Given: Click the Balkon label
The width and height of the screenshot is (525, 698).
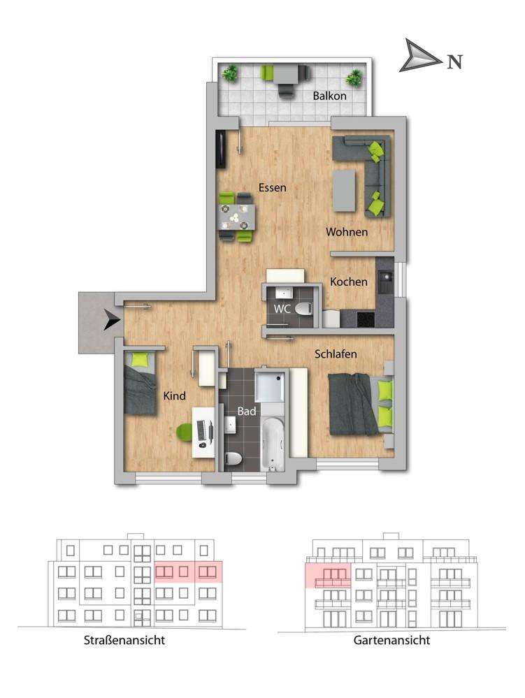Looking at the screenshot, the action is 329,96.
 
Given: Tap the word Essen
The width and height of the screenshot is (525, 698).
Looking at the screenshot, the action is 273,187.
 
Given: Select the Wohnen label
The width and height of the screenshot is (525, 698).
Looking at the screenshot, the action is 347,232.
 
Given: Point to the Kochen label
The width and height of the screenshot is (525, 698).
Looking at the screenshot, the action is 349,282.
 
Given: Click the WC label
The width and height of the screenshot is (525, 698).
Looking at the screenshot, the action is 282,309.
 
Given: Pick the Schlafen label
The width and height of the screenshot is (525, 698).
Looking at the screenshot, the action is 336,354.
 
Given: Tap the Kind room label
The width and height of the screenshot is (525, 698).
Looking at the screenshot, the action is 175,395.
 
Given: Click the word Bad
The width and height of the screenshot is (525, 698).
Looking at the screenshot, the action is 247,411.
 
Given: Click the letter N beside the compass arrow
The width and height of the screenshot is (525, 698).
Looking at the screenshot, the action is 454,61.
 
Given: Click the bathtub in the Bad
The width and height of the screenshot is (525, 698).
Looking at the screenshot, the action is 273,444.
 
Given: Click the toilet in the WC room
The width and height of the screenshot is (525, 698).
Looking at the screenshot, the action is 304,308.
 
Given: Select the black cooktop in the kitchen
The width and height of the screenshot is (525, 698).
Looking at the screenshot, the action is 366,319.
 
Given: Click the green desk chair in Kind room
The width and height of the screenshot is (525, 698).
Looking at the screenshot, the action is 185,432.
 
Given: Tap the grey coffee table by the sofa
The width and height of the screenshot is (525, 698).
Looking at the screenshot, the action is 345,191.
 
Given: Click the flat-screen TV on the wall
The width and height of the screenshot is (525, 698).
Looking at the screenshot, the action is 221,149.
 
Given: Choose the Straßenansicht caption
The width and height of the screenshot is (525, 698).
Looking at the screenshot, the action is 124,640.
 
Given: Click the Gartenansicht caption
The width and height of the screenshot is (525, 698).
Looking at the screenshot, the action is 392,640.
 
